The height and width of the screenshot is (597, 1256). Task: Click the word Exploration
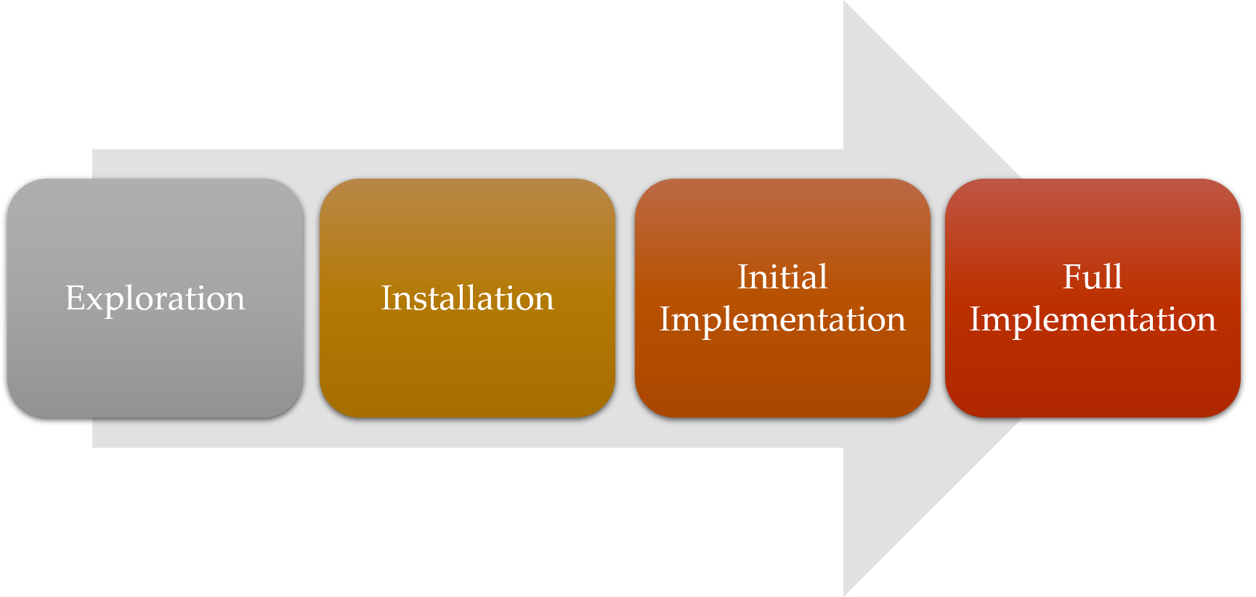(155, 298)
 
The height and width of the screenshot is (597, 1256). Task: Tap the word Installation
(467, 298)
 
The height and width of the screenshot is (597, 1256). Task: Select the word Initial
(782, 277)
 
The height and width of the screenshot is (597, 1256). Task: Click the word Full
(1093, 277)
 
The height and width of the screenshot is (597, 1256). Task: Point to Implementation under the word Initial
(782, 320)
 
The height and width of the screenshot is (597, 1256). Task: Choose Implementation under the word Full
(1093, 320)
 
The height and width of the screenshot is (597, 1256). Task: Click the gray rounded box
(155, 298)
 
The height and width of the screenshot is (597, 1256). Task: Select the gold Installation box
(467, 298)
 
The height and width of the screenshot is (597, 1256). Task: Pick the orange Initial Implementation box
(782, 298)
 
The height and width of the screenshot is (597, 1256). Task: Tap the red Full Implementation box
(1093, 298)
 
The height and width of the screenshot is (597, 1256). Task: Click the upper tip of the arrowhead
(844, 1)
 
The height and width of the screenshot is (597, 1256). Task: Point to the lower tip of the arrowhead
(844, 595)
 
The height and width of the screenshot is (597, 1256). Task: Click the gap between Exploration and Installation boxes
(312, 298)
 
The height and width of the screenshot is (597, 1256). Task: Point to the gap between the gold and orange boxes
(625, 298)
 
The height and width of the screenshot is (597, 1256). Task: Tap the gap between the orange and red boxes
(938, 298)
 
